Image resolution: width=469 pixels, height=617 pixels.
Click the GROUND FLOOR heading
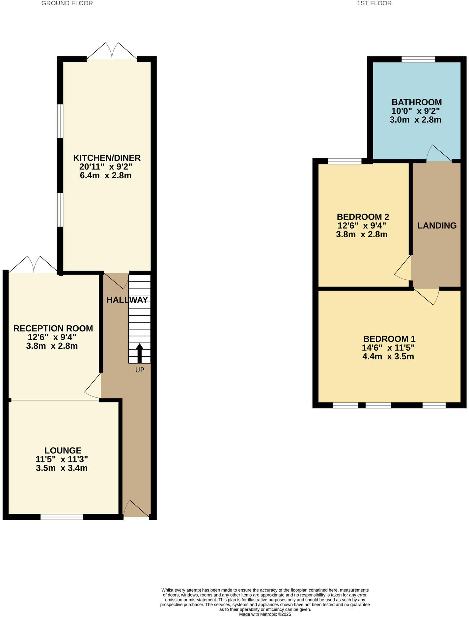(67, 3)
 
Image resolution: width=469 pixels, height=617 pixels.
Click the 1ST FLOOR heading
(374, 3)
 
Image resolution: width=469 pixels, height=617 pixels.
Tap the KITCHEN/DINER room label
(107, 158)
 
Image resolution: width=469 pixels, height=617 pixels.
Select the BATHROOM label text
(416, 102)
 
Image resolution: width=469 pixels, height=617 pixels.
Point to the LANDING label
(437, 225)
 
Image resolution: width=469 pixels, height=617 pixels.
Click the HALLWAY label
(127, 300)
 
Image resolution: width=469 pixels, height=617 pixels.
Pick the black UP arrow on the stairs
(140, 353)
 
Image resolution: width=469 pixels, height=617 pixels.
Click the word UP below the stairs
(140, 370)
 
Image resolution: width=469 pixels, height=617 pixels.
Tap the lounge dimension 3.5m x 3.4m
(62, 468)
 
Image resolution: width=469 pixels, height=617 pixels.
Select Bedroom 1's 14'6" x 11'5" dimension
(388, 348)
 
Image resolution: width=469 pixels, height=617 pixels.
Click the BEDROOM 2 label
(363, 217)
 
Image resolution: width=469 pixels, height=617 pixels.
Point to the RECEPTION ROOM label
(53, 328)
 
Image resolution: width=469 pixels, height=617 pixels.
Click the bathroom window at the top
(418, 60)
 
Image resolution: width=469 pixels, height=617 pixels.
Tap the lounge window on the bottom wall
(62, 517)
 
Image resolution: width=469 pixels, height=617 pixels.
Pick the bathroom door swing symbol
(438, 154)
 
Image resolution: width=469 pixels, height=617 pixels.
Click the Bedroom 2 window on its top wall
(345, 161)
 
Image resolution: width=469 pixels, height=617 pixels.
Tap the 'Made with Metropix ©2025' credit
(265, 614)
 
